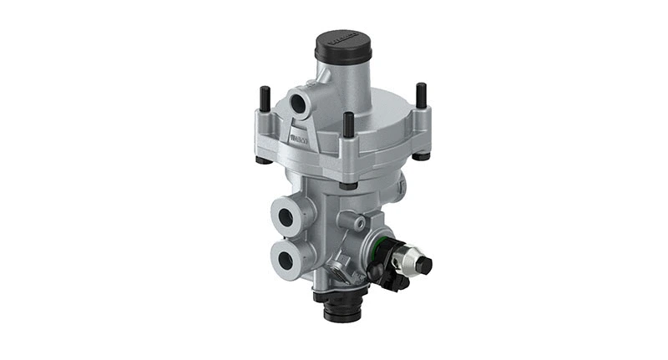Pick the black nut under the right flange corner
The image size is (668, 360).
click(421, 155)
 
